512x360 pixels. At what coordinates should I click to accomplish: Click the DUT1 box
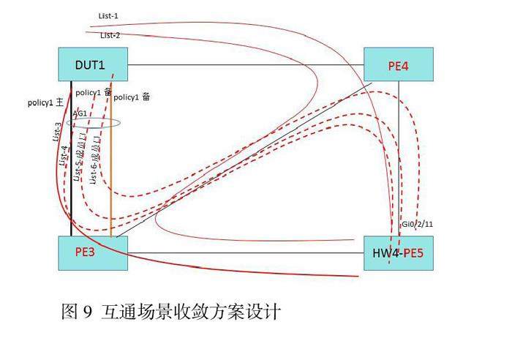[x=92, y=64]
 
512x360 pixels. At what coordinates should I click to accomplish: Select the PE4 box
[x=399, y=65]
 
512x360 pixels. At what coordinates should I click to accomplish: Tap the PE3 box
[x=92, y=253]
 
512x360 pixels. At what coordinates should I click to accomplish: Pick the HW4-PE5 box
[x=399, y=254]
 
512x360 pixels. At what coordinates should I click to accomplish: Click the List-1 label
[x=108, y=15]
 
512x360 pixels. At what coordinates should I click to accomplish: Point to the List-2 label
[x=110, y=34]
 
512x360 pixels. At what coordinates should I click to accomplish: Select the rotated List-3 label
[x=57, y=132]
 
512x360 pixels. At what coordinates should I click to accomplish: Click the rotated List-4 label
[x=64, y=155]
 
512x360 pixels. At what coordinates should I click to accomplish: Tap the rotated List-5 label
[x=78, y=158]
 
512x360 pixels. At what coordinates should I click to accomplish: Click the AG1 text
[x=80, y=114]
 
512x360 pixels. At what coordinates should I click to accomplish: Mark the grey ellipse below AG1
[x=94, y=122]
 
